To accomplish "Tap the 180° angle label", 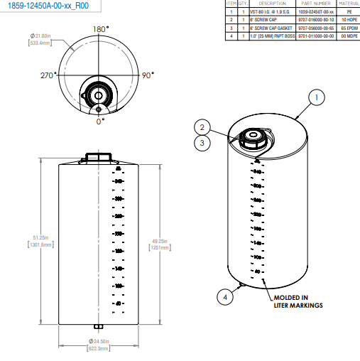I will pos(101,28).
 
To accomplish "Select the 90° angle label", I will pos(148,75).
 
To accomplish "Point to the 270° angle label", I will pos(49,75).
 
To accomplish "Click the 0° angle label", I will pos(100,122).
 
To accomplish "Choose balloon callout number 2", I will pos(202,127).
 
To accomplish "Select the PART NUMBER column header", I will pos(313,4).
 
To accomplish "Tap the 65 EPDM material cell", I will pos(347,26).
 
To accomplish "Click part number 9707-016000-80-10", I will pos(313,19).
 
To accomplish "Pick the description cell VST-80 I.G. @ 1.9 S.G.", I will pos(272,12).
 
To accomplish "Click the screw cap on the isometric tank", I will pos(251,136).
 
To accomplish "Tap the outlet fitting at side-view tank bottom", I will pos(98,328).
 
